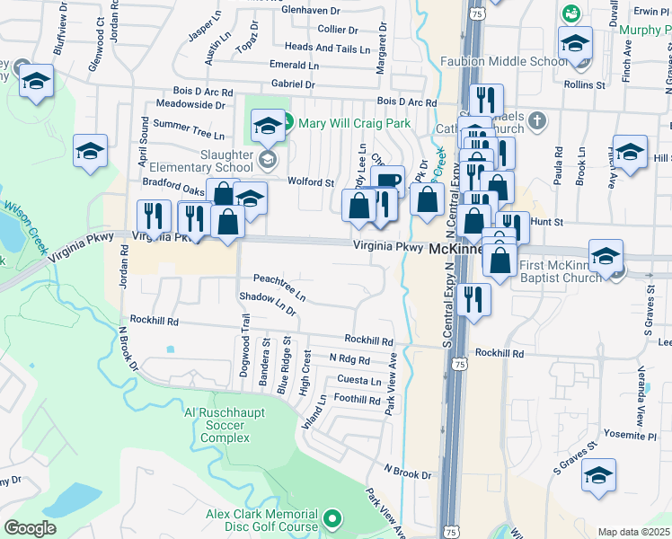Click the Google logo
click(x=31, y=528)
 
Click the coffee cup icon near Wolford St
click(x=387, y=181)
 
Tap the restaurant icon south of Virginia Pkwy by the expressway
click(x=473, y=300)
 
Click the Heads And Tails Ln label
click(x=326, y=49)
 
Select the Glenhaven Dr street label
click(x=312, y=11)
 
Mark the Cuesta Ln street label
click(x=358, y=381)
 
